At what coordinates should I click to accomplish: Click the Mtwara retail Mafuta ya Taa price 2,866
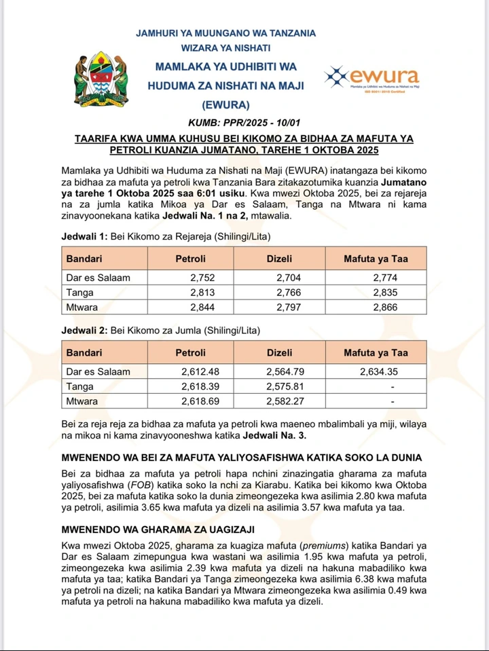coord(385,307)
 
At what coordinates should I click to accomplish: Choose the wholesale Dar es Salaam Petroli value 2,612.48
coord(202,371)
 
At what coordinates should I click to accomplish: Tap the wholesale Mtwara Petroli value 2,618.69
coord(202,401)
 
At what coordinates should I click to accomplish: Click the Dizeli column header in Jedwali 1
coord(280,259)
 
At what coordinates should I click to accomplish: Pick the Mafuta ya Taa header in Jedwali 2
coord(376,352)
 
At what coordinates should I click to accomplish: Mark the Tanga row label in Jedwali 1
coord(79,292)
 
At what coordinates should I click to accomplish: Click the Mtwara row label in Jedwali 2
coord(81,401)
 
